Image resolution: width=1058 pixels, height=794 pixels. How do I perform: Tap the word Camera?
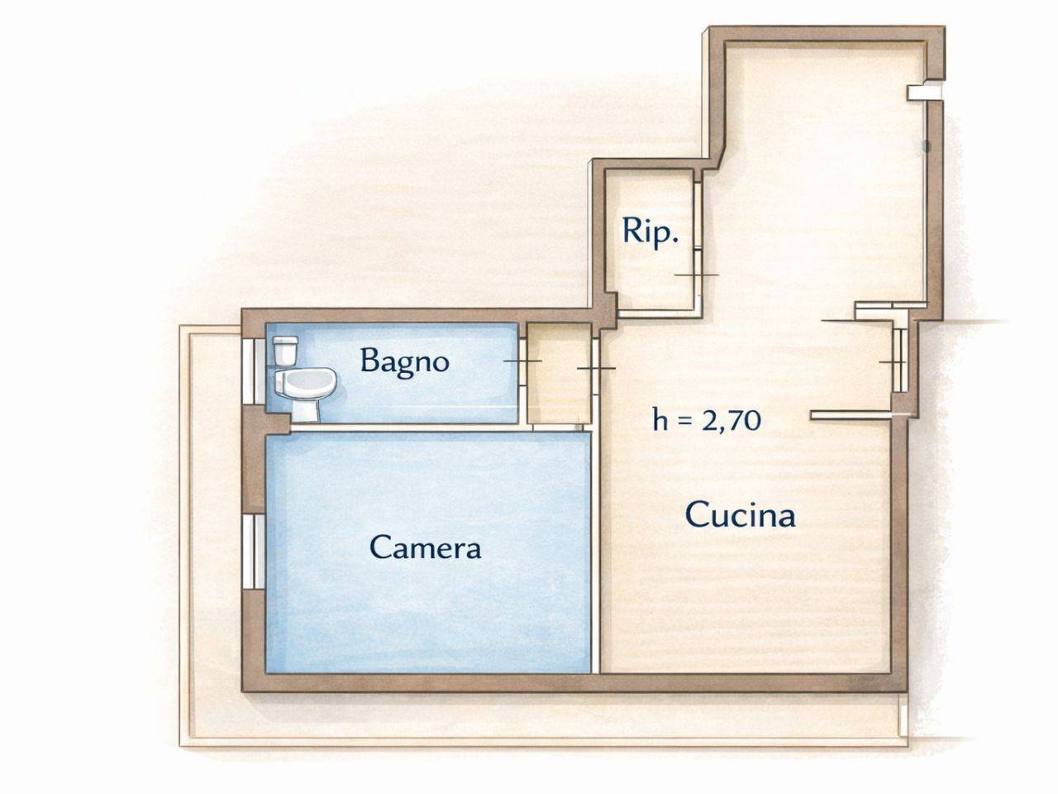point(425,548)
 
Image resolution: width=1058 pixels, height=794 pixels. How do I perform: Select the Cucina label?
point(740,515)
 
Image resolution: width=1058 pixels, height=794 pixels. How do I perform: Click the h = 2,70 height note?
point(707,420)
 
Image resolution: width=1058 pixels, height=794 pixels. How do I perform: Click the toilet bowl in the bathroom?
point(303,385)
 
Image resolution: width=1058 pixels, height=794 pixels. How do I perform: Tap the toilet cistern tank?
point(286,351)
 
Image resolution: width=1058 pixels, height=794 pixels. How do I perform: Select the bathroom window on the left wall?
point(253,371)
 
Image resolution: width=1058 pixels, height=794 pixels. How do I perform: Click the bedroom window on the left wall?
point(253,552)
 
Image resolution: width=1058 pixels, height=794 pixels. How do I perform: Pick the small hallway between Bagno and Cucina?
point(559,374)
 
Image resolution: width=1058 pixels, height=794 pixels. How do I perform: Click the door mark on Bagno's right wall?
point(523,361)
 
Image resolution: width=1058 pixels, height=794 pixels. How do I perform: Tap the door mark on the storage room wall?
point(697,275)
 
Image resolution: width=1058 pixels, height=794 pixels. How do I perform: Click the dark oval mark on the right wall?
point(926,146)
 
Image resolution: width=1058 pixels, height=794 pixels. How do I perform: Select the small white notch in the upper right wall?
point(924,93)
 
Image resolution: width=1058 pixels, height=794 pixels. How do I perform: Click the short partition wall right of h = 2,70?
point(851,415)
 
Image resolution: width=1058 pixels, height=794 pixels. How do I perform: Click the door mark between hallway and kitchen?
point(596,368)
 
